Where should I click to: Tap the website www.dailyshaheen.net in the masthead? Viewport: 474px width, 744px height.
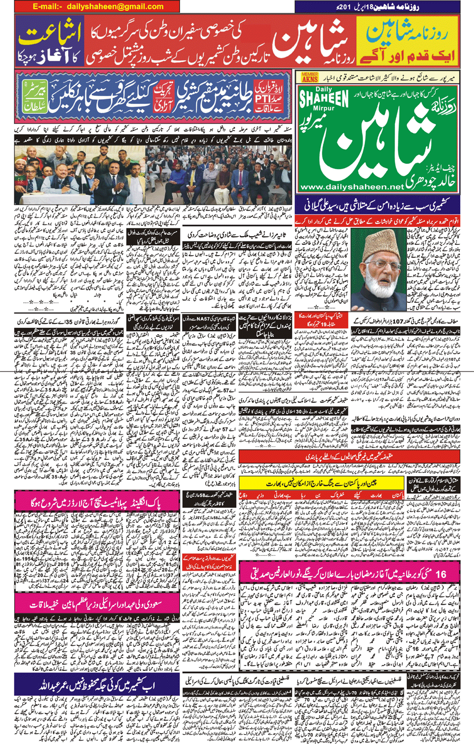point(351,187)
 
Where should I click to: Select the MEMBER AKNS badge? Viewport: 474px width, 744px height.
point(310,77)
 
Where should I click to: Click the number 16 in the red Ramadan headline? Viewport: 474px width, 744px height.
point(440,574)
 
